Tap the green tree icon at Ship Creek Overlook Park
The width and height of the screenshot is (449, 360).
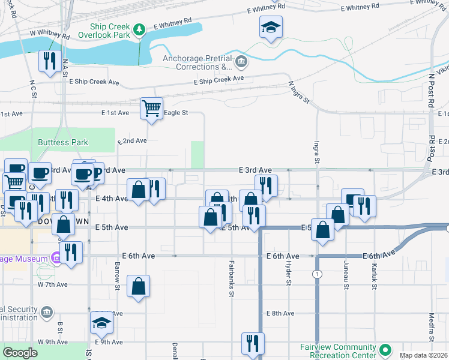tap(139, 29)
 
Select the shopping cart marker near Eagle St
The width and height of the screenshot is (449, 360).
tap(151, 109)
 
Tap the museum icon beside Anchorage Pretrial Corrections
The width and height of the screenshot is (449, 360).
tap(241, 61)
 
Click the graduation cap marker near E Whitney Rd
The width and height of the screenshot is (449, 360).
tap(271, 27)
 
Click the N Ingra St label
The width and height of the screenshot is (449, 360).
tap(298, 92)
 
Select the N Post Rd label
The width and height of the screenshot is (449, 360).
tap(431, 91)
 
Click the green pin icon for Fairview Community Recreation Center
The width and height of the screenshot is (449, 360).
tap(385, 349)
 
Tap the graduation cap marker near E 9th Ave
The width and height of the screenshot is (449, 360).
tap(101, 325)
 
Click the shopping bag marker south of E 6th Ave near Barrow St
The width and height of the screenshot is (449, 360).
tap(139, 286)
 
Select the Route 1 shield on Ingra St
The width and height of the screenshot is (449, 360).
tap(315, 274)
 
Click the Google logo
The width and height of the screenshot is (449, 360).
tap(20, 353)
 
